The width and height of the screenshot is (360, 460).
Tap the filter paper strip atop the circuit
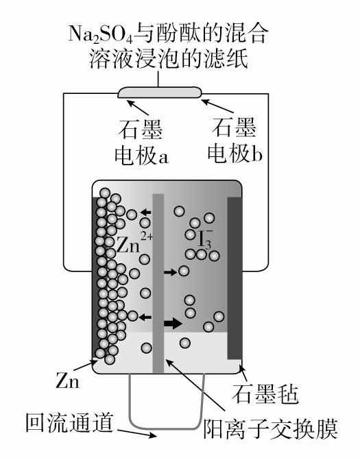pyautogui.click(x=160, y=92)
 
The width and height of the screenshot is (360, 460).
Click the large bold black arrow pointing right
pyautogui.click(x=173, y=323)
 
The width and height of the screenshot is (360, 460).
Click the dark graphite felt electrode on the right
pyautogui.click(x=235, y=278)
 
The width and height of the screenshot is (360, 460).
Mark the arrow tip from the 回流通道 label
pyautogui.click(x=156, y=436)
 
